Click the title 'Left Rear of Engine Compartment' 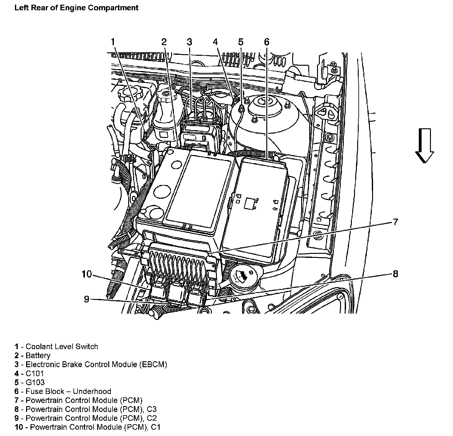76,8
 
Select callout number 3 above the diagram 189,42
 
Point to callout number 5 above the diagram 241,42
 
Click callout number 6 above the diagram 266,42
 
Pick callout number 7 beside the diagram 395,222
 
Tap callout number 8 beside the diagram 395,274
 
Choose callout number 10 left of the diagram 87,274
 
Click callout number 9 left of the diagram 86,299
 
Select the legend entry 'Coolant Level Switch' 62,347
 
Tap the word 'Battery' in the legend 38,356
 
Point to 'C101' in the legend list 35,373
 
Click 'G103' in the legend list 35,382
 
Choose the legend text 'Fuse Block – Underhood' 68,391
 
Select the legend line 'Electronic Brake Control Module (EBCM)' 96,364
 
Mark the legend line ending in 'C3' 91,409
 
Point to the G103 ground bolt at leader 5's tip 241,108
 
